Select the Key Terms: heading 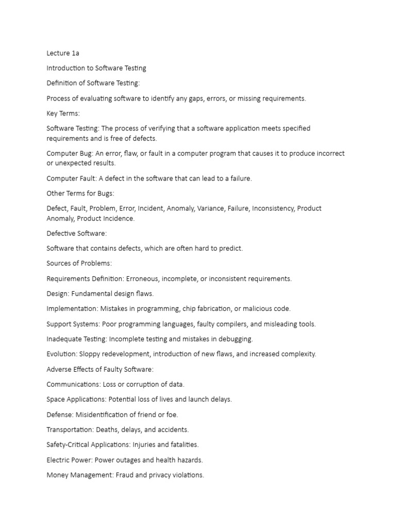pyautogui.click(x=63, y=113)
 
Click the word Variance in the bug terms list pyautogui.click(x=211, y=208)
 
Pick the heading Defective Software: pyautogui.click(x=76, y=234)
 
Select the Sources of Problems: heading pyautogui.click(x=79, y=263)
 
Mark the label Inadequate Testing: pyautogui.click(x=77, y=339)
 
